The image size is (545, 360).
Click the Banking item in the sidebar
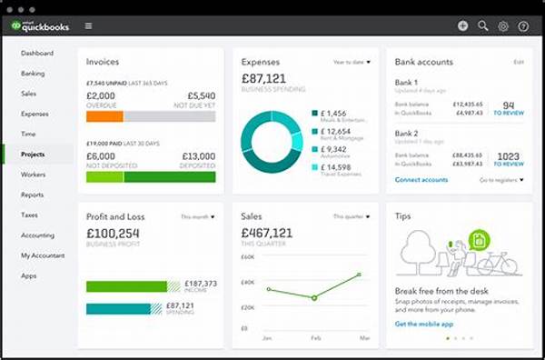[33, 73]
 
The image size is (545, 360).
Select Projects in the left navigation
[34, 155]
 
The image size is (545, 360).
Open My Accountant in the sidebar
[41, 255]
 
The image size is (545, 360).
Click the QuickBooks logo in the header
[40, 25]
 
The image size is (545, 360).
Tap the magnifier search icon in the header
[483, 26]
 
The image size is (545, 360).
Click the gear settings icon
[503, 26]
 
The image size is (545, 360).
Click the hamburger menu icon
[87, 26]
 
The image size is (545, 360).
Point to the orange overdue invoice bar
[104, 116]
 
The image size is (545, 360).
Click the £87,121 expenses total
[264, 80]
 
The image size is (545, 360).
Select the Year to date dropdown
[352, 62]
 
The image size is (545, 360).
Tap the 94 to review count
[509, 105]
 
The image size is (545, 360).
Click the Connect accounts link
[421, 180]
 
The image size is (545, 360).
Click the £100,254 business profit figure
[114, 234]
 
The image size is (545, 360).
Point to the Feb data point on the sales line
[314, 298]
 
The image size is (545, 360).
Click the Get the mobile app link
[423, 324]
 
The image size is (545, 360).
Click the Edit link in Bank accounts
[519, 62]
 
